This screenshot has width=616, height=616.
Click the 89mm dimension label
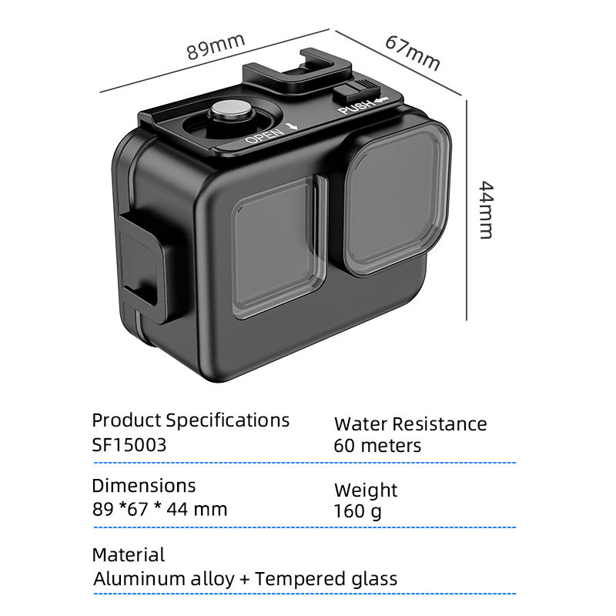[x=216, y=48]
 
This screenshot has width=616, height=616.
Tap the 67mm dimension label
[x=412, y=52]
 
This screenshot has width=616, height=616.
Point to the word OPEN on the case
[x=264, y=136]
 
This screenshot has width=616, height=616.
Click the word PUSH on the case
[x=356, y=106]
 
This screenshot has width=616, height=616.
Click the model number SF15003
[x=129, y=445]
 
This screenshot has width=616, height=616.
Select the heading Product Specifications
[x=190, y=420]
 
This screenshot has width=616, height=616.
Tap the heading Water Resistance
[x=410, y=424]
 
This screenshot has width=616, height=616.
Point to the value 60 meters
[x=377, y=445]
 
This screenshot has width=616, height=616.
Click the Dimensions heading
[x=143, y=486]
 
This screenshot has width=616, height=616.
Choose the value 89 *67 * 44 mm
[x=159, y=509]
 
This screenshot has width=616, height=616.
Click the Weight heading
[x=366, y=490]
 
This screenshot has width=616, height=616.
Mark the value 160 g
[x=357, y=511]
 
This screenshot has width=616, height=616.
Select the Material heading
[x=129, y=554]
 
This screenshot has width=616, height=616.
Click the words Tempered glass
[x=326, y=579]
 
